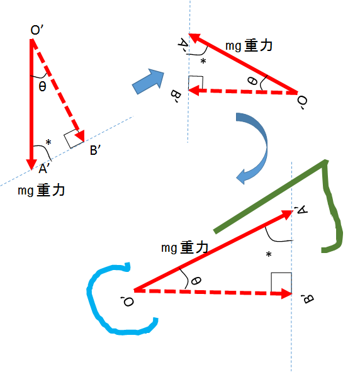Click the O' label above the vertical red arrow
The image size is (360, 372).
point(37,30)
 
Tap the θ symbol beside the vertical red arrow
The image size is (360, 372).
point(42,86)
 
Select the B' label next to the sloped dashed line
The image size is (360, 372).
point(95,150)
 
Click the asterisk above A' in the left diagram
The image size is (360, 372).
point(48,142)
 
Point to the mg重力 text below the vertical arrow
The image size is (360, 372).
point(42,190)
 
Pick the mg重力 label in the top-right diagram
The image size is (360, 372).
point(249,45)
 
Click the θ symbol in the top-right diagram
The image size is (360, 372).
point(252,81)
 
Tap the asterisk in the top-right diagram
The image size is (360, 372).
point(203,61)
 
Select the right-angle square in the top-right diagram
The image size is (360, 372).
point(196,83)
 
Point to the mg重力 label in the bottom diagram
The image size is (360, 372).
point(185,247)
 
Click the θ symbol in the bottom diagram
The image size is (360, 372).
point(196,281)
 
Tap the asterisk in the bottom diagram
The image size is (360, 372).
point(269,254)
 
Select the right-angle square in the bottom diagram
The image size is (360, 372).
point(281,283)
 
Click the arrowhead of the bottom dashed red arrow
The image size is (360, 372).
point(287,294)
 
